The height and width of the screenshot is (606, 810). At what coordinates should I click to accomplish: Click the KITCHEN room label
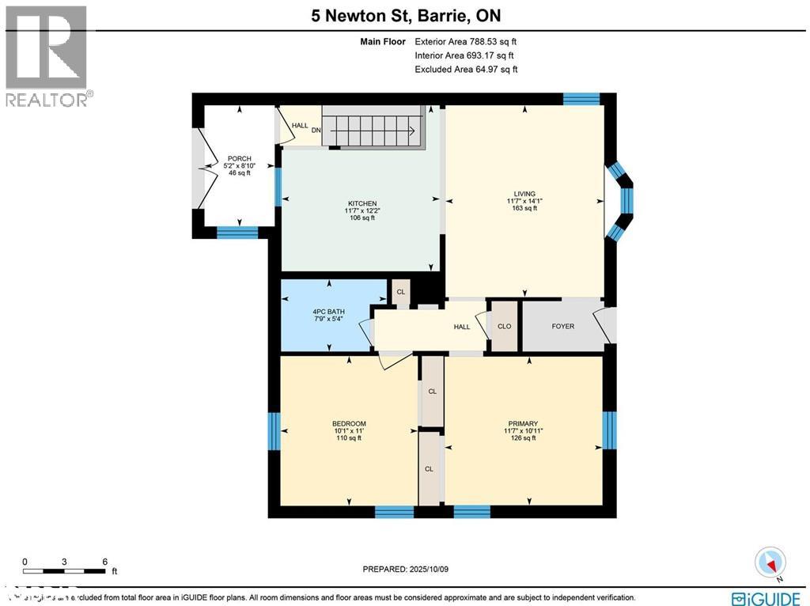click(x=360, y=203)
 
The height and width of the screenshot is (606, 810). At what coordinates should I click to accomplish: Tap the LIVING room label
click(x=524, y=194)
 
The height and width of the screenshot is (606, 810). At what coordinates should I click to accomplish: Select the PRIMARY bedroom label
click(x=523, y=423)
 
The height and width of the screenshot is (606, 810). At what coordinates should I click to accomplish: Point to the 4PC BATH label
click(x=327, y=312)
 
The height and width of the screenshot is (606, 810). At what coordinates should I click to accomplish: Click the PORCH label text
click(x=239, y=159)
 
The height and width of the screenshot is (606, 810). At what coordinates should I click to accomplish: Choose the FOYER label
click(x=562, y=326)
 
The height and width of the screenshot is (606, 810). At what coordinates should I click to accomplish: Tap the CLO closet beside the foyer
click(x=504, y=326)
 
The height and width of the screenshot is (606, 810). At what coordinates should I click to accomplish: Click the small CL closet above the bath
click(x=401, y=292)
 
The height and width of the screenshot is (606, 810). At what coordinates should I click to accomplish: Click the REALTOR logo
click(x=47, y=56)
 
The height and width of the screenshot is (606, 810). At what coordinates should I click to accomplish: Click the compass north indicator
click(x=770, y=562)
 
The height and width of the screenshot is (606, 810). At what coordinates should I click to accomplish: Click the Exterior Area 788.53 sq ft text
click(x=466, y=42)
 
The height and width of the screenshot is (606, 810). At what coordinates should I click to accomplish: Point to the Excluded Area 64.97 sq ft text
click(x=466, y=70)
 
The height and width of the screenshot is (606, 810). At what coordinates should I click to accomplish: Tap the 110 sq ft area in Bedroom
click(x=348, y=437)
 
